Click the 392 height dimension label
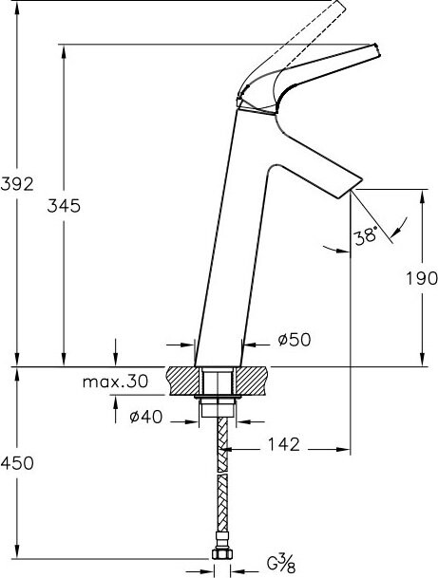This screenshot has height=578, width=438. pos(17,184)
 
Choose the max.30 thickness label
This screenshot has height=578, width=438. pos(115,382)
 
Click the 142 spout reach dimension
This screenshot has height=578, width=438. pos(284,444)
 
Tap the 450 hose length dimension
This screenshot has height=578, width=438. pos(17,463)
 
